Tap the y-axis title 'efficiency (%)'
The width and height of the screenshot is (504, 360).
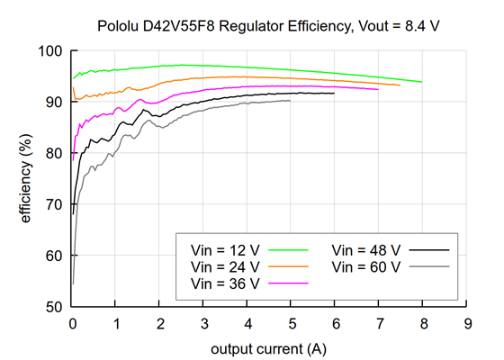(26, 178)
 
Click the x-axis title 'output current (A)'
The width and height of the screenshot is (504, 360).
(269, 347)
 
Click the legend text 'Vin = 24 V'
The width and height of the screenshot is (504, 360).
(225, 266)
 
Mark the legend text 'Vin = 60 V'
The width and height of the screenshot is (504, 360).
(365, 266)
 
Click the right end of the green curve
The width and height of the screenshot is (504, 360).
(421, 82)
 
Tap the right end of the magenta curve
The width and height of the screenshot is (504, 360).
(378, 89)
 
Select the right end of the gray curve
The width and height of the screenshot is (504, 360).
(290, 101)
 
